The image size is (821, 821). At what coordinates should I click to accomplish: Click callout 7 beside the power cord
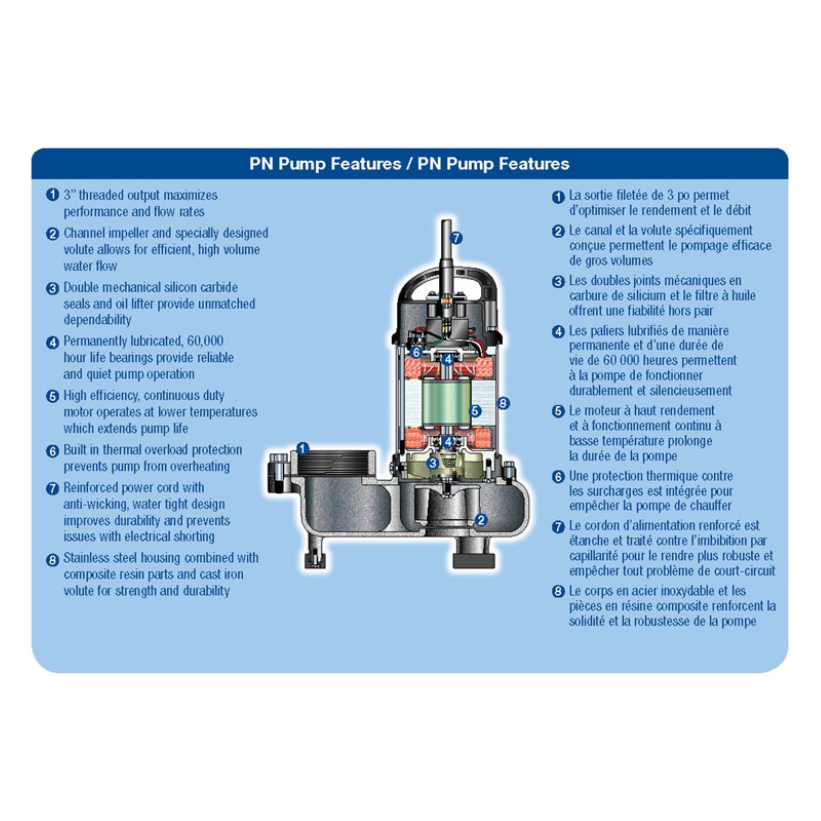pyautogui.click(x=456, y=238)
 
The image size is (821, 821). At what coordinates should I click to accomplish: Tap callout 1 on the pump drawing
pyautogui.click(x=303, y=449)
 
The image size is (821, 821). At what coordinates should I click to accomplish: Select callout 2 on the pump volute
pyautogui.click(x=481, y=520)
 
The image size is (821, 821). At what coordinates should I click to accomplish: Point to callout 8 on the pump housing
pyautogui.click(x=503, y=403)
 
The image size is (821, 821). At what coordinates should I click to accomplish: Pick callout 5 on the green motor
pyautogui.click(x=475, y=411)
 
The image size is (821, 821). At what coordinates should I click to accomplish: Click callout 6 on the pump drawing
pyautogui.click(x=416, y=353)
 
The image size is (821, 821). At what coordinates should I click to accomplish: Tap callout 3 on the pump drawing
pyautogui.click(x=433, y=463)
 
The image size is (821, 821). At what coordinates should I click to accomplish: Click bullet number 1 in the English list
pyautogui.click(x=52, y=195)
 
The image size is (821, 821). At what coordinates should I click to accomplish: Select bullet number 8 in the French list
pyautogui.click(x=558, y=592)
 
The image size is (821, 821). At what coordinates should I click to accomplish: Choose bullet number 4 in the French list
pyautogui.click(x=558, y=331)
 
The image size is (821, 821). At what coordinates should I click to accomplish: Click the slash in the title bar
pyautogui.click(x=409, y=164)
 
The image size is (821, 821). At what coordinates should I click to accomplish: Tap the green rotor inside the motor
pyautogui.click(x=446, y=404)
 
